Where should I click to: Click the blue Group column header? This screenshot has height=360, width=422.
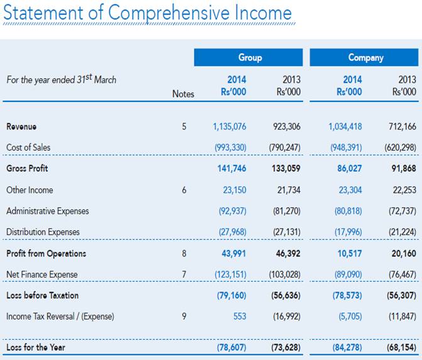[250, 57]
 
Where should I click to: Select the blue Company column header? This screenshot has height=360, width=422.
[365, 57]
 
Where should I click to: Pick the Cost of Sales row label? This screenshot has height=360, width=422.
[28, 147]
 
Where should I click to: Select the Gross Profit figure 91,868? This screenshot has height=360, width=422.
[403, 169]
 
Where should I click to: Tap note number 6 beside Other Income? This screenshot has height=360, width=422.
[184, 190]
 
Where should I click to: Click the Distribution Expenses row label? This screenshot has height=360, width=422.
[43, 232]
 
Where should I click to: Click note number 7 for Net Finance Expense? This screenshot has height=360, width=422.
[184, 274]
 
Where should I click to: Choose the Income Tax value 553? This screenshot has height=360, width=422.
[239, 317]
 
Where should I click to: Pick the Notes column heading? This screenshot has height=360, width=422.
[183, 94]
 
